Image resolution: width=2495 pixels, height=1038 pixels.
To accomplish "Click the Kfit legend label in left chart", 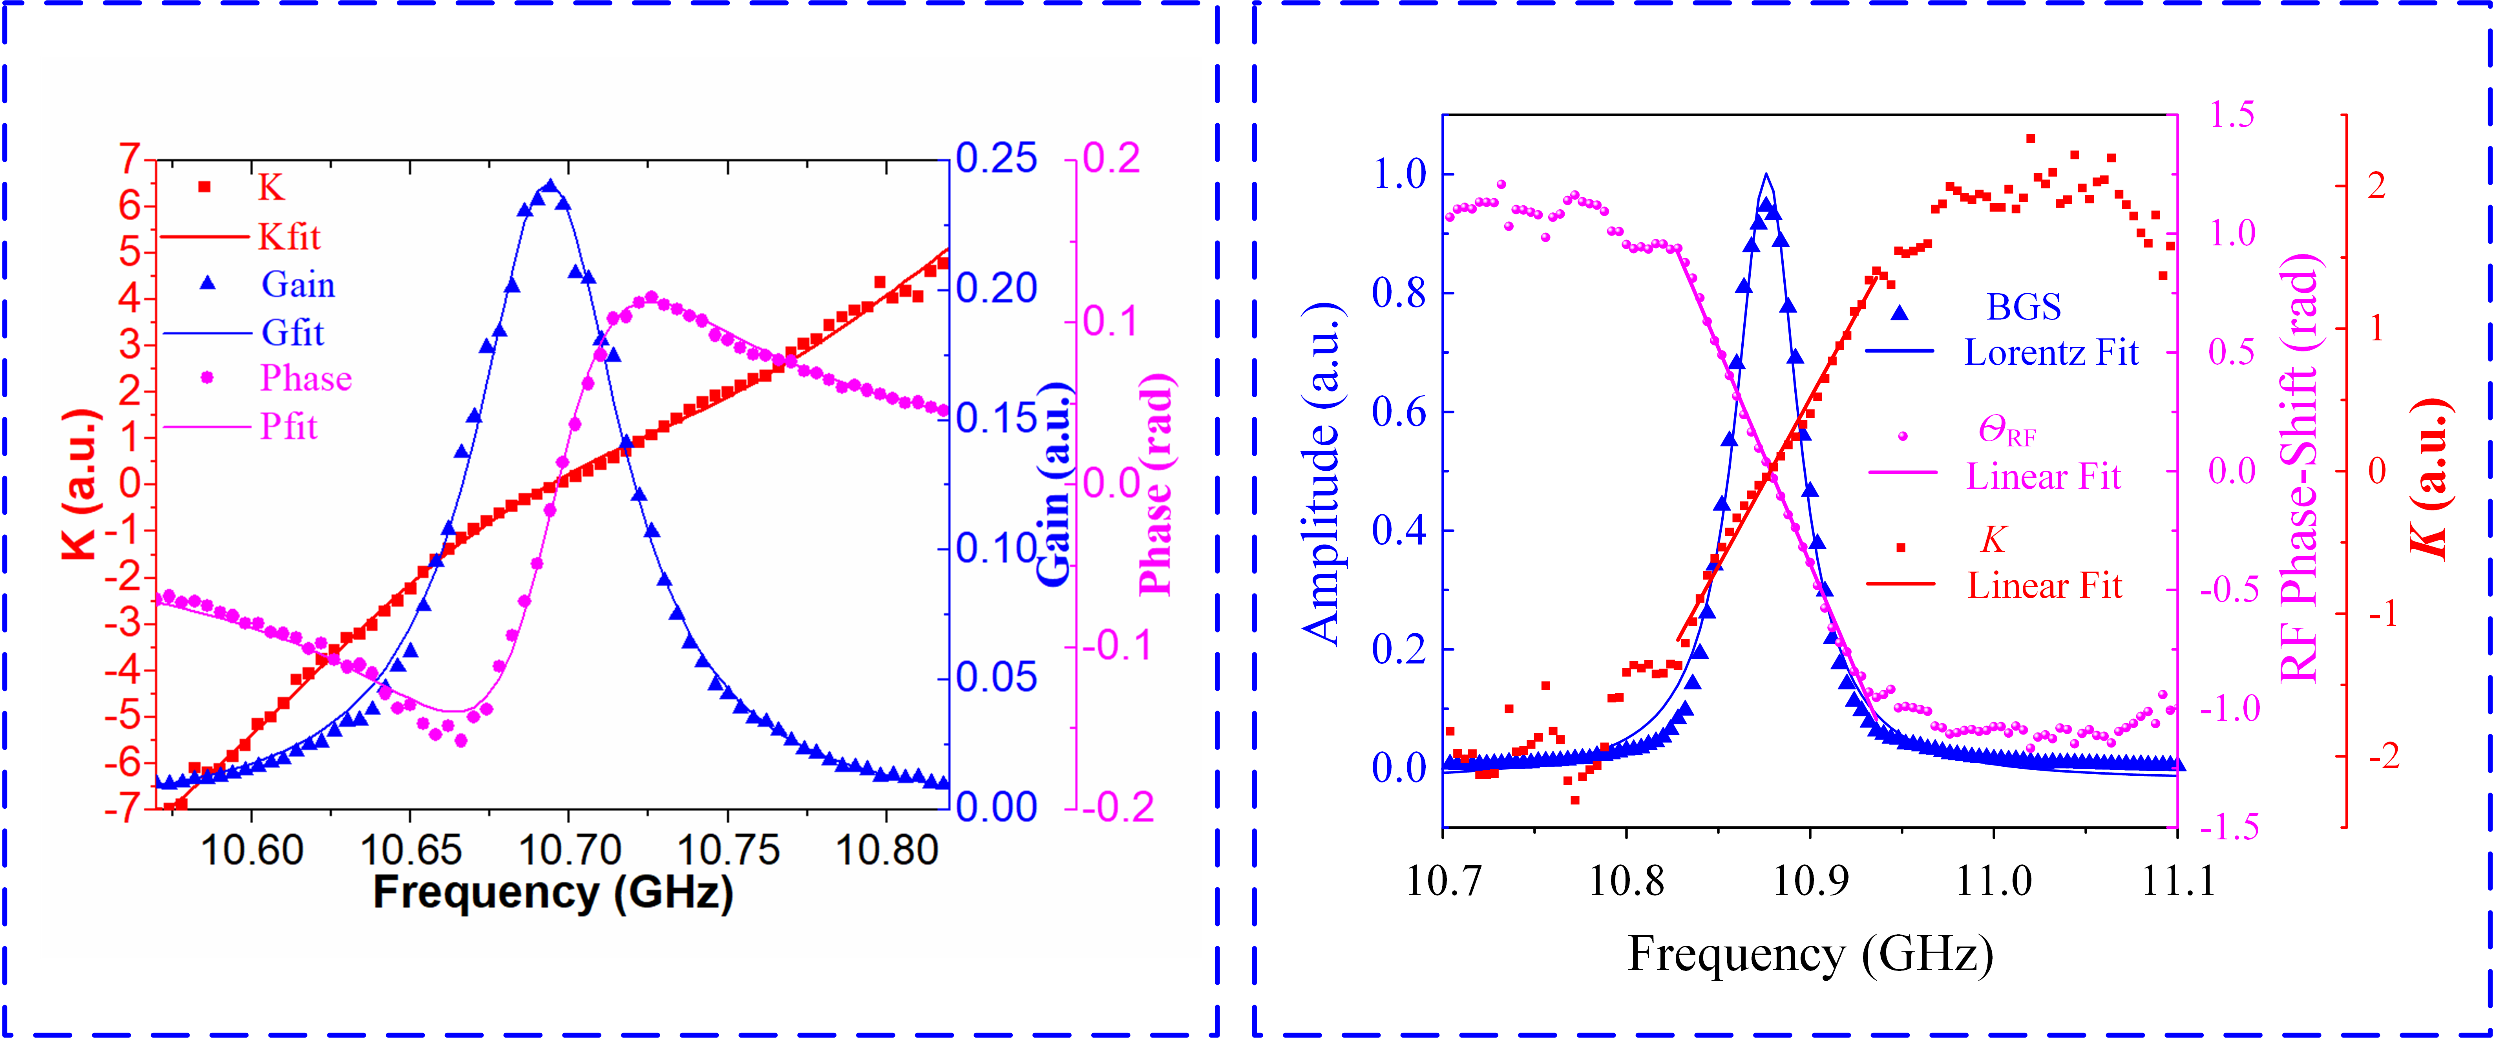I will [289, 236].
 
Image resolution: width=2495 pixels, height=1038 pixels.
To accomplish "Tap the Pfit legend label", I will [289, 426].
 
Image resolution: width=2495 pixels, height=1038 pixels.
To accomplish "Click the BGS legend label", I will [2023, 307].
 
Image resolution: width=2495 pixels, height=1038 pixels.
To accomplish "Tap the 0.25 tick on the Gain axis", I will [997, 159].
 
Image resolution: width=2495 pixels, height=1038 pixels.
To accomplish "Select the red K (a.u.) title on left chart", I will [79, 484].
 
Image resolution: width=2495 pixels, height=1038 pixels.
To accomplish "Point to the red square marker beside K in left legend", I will [205, 187].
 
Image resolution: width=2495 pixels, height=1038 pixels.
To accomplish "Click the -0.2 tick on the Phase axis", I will [1119, 808].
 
